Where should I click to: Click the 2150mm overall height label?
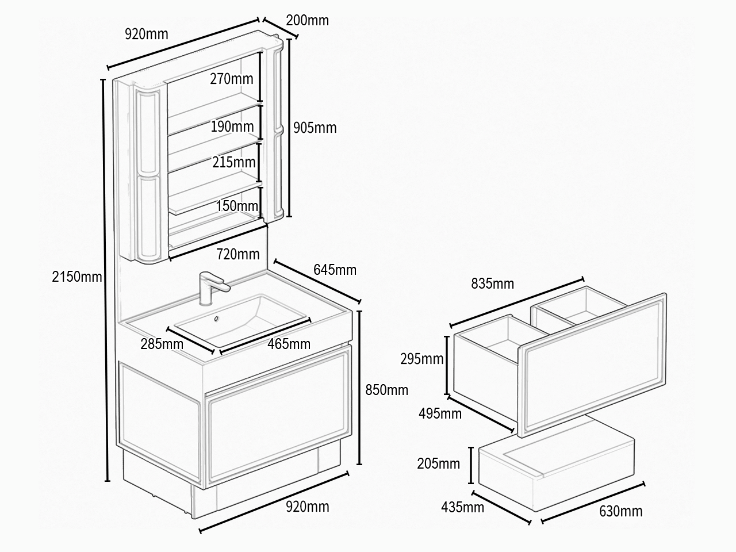tap(77, 277)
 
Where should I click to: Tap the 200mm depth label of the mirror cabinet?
tap(307, 21)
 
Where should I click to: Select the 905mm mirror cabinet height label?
tap(315, 128)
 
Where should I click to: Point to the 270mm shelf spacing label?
tap(232, 79)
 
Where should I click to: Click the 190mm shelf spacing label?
tap(232, 126)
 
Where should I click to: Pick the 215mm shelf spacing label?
tap(234, 163)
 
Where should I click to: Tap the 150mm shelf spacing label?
tap(237, 206)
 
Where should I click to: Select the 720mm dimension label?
tap(238, 254)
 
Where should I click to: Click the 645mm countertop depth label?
tap(335, 270)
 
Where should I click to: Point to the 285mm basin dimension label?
tap(162, 344)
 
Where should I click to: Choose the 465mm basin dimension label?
tap(289, 344)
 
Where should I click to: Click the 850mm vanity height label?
tap(386, 390)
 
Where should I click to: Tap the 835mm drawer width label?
tap(493, 284)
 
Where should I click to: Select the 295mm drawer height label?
tap(422, 359)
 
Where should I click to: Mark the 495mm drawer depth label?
tap(440, 414)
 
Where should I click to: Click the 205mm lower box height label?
tap(439, 464)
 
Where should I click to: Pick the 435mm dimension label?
tap(463, 507)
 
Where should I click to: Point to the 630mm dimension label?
tap(621, 511)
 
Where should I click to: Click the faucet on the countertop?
tap(211, 288)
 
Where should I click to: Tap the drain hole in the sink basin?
tap(217, 319)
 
